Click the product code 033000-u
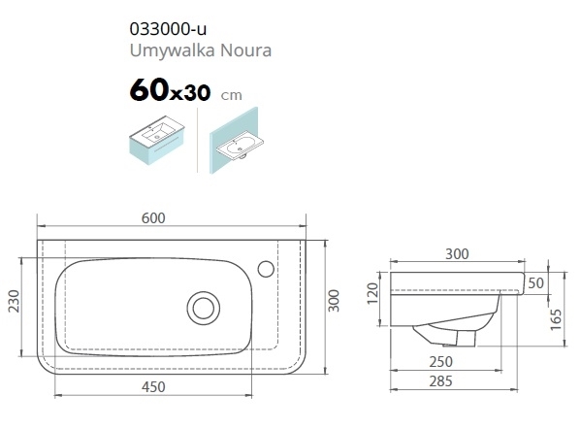[168, 29]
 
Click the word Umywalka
[173, 50]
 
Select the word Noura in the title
[245, 50]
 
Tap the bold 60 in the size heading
[149, 90]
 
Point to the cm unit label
[232, 96]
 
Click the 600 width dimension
[153, 218]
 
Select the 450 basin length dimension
[153, 387]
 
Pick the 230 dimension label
[14, 301]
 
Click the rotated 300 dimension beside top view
[334, 301]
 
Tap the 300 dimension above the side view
[457, 254]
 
